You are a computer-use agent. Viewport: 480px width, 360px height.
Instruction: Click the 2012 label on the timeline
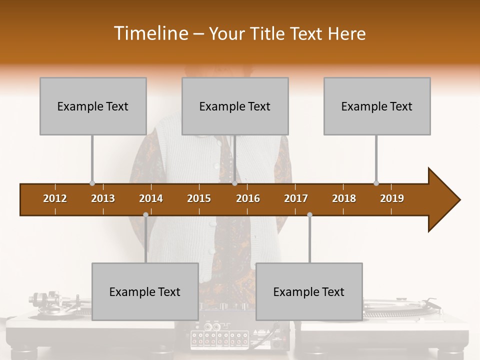pyautogui.click(x=55, y=198)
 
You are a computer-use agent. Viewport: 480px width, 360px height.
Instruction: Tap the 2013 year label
pyautogui.click(x=103, y=198)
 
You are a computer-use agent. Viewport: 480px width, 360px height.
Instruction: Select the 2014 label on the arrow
pyautogui.click(x=151, y=198)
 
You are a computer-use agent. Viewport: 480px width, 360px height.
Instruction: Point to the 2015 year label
pyautogui.click(x=199, y=198)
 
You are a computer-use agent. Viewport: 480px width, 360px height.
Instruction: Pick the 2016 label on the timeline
pyautogui.click(x=248, y=198)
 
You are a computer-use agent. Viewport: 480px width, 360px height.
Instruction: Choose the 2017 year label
pyautogui.click(x=296, y=198)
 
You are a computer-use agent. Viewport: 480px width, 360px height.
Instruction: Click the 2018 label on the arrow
pyautogui.click(x=344, y=198)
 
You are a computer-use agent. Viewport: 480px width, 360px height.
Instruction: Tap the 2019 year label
pyautogui.click(x=392, y=198)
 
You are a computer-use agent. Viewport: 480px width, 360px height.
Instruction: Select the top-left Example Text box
pyautogui.click(x=93, y=106)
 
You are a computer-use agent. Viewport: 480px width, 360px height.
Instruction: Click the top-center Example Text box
pyautogui.click(x=235, y=106)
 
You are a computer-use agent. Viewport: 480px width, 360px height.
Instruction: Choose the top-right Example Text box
pyautogui.click(x=377, y=106)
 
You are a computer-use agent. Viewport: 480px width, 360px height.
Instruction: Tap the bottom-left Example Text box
pyautogui.click(x=145, y=291)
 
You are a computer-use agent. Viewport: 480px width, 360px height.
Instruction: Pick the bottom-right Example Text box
pyautogui.click(x=309, y=291)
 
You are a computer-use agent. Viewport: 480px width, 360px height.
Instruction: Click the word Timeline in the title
pyautogui.click(x=150, y=33)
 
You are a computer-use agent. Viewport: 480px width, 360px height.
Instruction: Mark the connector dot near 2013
pyautogui.click(x=92, y=183)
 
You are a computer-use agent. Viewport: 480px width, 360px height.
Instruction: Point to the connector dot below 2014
pyautogui.click(x=145, y=215)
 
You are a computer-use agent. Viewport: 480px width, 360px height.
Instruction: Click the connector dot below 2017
pyautogui.click(x=309, y=215)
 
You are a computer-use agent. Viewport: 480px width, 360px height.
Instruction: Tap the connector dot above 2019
pyautogui.click(x=376, y=183)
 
